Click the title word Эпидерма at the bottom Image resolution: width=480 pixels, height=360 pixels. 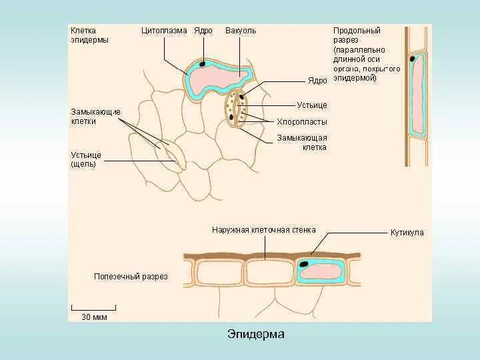[256, 334]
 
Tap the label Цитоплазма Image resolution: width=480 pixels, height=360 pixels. [164, 31]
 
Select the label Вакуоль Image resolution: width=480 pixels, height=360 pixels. [241, 31]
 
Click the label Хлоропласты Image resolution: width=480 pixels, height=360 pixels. [302, 122]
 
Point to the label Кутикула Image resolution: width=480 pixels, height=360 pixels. [407, 233]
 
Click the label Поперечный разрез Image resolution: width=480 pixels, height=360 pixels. [131, 276]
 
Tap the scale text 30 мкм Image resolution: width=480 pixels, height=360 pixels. [94, 317]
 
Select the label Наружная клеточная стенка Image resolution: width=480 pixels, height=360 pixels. [264, 230]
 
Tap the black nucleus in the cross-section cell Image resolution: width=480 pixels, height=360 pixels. [305, 264]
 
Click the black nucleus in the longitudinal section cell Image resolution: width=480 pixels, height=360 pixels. [413, 59]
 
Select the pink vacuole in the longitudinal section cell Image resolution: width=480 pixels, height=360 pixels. [418, 93]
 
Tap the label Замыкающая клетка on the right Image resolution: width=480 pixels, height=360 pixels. [302, 143]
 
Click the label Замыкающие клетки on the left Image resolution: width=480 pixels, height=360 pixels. [95, 117]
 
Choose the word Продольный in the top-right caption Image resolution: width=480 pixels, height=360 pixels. [357, 31]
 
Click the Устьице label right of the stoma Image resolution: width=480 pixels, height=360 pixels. [312, 105]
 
